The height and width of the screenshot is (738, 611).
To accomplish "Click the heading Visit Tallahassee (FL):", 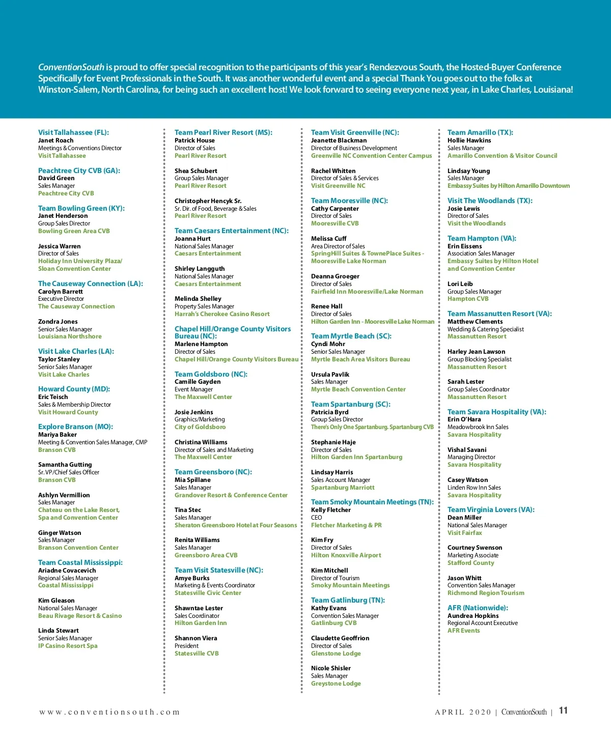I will click(73, 132).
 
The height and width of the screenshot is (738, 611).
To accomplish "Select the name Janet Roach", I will click(55, 140).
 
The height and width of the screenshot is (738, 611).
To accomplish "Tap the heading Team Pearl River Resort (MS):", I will click(223, 132).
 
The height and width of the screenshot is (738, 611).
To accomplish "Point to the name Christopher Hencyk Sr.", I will click(208, 201).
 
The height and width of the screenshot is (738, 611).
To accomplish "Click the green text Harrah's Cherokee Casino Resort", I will click(222, 314).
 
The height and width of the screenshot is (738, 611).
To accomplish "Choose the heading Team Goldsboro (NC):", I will click(211, 374).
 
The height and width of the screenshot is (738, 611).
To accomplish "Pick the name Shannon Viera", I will click(196, 638).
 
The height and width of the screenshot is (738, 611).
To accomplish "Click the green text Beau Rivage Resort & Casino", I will click(80, 616).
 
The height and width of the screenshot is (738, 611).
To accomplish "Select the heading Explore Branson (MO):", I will click(75, 427).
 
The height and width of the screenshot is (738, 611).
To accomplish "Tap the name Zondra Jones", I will click(58, 322).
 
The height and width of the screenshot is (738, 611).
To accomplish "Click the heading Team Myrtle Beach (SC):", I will click(351, 336).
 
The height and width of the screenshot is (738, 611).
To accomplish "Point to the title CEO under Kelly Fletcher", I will click(316, 518).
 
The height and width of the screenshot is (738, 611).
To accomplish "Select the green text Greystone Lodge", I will click(336, 684).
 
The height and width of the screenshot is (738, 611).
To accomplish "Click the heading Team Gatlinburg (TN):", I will click(348, 600).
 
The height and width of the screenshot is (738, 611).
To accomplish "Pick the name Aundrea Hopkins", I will click(473, 616).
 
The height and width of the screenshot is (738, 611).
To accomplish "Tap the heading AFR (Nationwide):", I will click(478, 608).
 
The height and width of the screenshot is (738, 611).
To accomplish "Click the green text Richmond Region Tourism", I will click(486, 593).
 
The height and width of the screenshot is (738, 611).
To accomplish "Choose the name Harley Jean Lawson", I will click(476, 352).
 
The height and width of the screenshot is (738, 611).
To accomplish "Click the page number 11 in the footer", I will click(563, 711).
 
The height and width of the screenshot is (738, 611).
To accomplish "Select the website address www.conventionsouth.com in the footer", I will click(109, 712).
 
